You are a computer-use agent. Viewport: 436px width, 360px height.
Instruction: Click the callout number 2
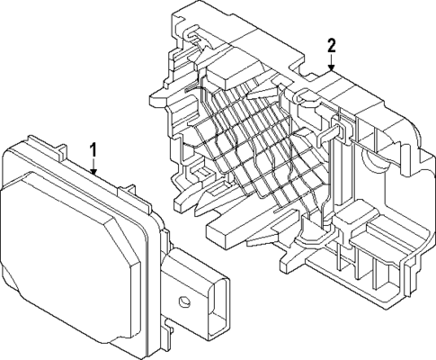(x=332, y=45)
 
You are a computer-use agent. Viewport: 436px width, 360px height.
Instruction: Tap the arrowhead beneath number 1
(x=93, y=170)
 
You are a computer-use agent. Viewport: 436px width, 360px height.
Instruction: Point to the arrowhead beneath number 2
(x=332, y=68)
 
